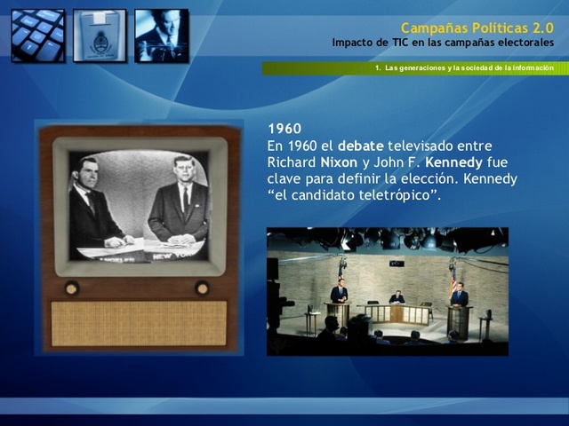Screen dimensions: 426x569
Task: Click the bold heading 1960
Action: pyautogui.click(x=284, y=129)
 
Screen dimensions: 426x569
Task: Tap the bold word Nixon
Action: pyautogui.click(x=339, y=162)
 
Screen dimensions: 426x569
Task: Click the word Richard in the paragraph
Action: pyautogui.click(x=290, y=162)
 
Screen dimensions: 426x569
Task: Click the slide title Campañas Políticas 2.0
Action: pyautogui.click(x=477, y=28)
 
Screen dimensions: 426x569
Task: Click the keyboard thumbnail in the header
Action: pyautogui.click(x=38, y=35)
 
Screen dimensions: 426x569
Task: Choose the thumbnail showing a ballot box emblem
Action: pyautogui.click(x=100, y=35)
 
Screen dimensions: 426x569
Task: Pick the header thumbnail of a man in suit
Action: pyautogui.click(x=161, y=35)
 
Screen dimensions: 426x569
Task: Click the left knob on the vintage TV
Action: pyautogui.click(x=71, y=288)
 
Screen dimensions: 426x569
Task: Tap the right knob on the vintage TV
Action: pyautogui.click(x=203, y=288)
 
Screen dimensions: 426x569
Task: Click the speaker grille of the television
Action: pyautogui.click(x=138, y=322)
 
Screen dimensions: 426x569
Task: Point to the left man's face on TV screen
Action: pyautogui.click(x=89, y=170)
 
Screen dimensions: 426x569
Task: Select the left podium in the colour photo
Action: pyautogui.click(x=338, y=313)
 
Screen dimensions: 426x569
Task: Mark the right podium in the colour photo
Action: pyautogui.click(x=459, y=318)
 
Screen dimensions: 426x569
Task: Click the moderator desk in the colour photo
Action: pyautogui.click(x=397, y=312)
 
